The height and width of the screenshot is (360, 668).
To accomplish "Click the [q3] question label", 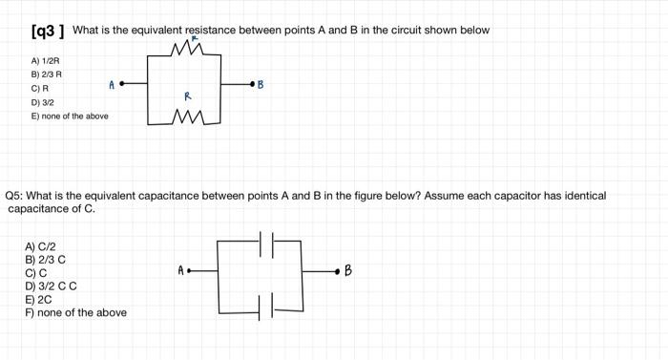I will (47, 31).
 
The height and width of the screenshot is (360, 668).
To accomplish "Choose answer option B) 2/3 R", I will (48, 74).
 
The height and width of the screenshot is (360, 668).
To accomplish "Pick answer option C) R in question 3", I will (39, 88).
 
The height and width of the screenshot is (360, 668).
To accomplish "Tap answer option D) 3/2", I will (43, 102).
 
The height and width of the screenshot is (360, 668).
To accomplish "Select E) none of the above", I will (70, 116).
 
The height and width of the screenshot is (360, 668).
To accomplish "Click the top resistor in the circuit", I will (189, 50).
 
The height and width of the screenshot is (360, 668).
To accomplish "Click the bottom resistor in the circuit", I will (189, 120).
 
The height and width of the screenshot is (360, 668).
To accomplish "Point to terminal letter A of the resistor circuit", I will (112, 85).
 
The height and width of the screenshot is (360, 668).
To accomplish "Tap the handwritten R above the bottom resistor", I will (188, 96).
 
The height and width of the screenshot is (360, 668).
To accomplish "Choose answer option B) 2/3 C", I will (45, 260).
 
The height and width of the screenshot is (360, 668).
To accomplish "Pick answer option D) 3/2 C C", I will (51, 286).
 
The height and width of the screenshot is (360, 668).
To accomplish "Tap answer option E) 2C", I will (38, 299).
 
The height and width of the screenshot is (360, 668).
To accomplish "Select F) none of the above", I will (75, 312).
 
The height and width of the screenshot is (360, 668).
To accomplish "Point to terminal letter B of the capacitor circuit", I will (348, 271).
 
